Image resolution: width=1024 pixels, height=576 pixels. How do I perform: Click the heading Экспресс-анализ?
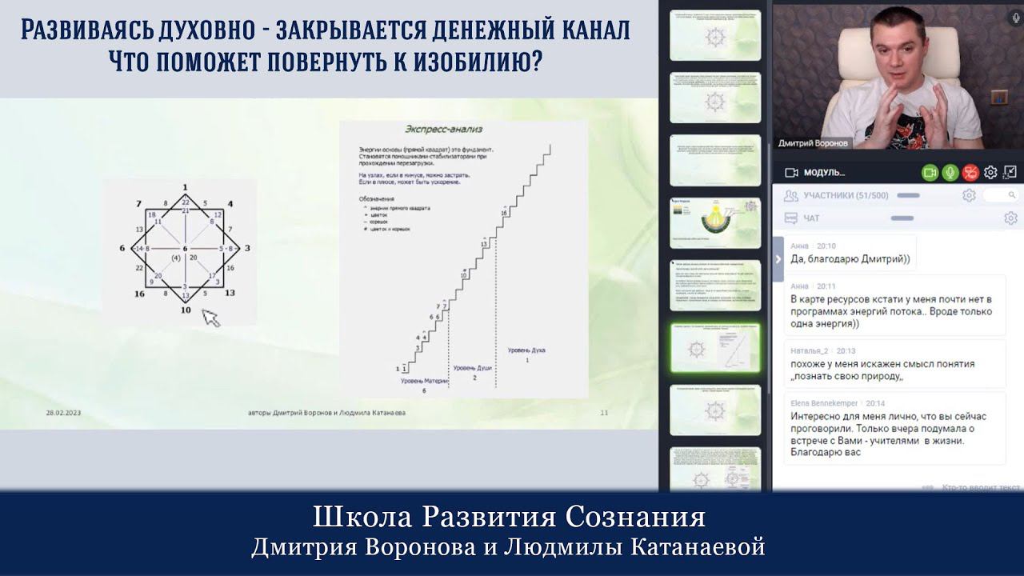[442, 129]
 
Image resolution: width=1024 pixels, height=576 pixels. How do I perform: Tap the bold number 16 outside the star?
[138, 294]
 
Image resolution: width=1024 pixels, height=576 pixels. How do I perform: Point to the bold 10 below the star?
[186, 310]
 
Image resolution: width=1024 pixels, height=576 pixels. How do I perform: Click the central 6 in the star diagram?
[185, 250]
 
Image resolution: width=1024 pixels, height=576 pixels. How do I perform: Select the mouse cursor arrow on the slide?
[210, 318]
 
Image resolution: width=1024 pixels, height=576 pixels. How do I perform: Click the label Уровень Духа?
[526, 350]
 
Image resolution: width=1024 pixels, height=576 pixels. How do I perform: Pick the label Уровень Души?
[473, 367]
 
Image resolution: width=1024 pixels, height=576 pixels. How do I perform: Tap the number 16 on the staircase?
[504, 213]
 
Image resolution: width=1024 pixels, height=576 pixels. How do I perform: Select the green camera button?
[930, 172]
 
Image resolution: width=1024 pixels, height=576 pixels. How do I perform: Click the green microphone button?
[950, 172]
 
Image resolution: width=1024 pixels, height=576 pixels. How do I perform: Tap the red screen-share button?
[970, 172]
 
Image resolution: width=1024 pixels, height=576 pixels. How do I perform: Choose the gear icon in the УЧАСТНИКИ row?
[969, 195]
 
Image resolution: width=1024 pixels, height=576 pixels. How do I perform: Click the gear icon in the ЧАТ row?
[1010, 218]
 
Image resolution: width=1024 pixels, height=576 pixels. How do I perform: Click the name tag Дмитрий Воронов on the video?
[813, 143]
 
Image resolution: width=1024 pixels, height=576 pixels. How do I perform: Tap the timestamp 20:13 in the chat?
[846, 350]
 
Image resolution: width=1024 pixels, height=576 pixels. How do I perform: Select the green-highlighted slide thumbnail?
[714, 350]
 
